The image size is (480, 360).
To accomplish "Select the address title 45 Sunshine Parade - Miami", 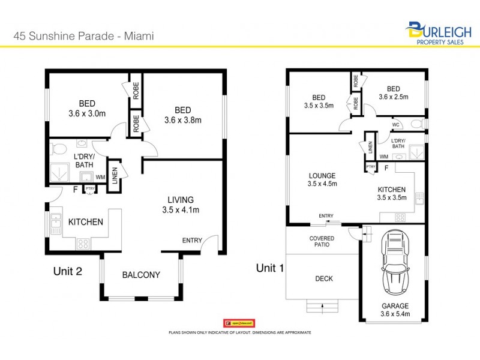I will coord(84,36).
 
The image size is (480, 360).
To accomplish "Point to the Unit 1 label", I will coord(269,268).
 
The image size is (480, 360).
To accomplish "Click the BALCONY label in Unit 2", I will coord(141,275).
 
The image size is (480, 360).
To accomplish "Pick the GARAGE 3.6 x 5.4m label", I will coord(395,308).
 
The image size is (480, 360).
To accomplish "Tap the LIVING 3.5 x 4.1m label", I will coord(181,205).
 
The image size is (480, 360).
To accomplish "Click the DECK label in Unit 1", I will coord(323,278).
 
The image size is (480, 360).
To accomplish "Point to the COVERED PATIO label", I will coord(322,242).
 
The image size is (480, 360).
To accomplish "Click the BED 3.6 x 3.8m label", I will coord(182,115).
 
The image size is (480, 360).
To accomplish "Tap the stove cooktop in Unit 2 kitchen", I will coord(82,244).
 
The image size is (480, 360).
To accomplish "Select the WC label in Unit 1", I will coord(396,125).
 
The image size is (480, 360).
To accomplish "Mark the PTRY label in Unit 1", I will coord(371,166).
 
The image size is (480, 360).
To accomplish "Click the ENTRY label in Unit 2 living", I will coord(192,241).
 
